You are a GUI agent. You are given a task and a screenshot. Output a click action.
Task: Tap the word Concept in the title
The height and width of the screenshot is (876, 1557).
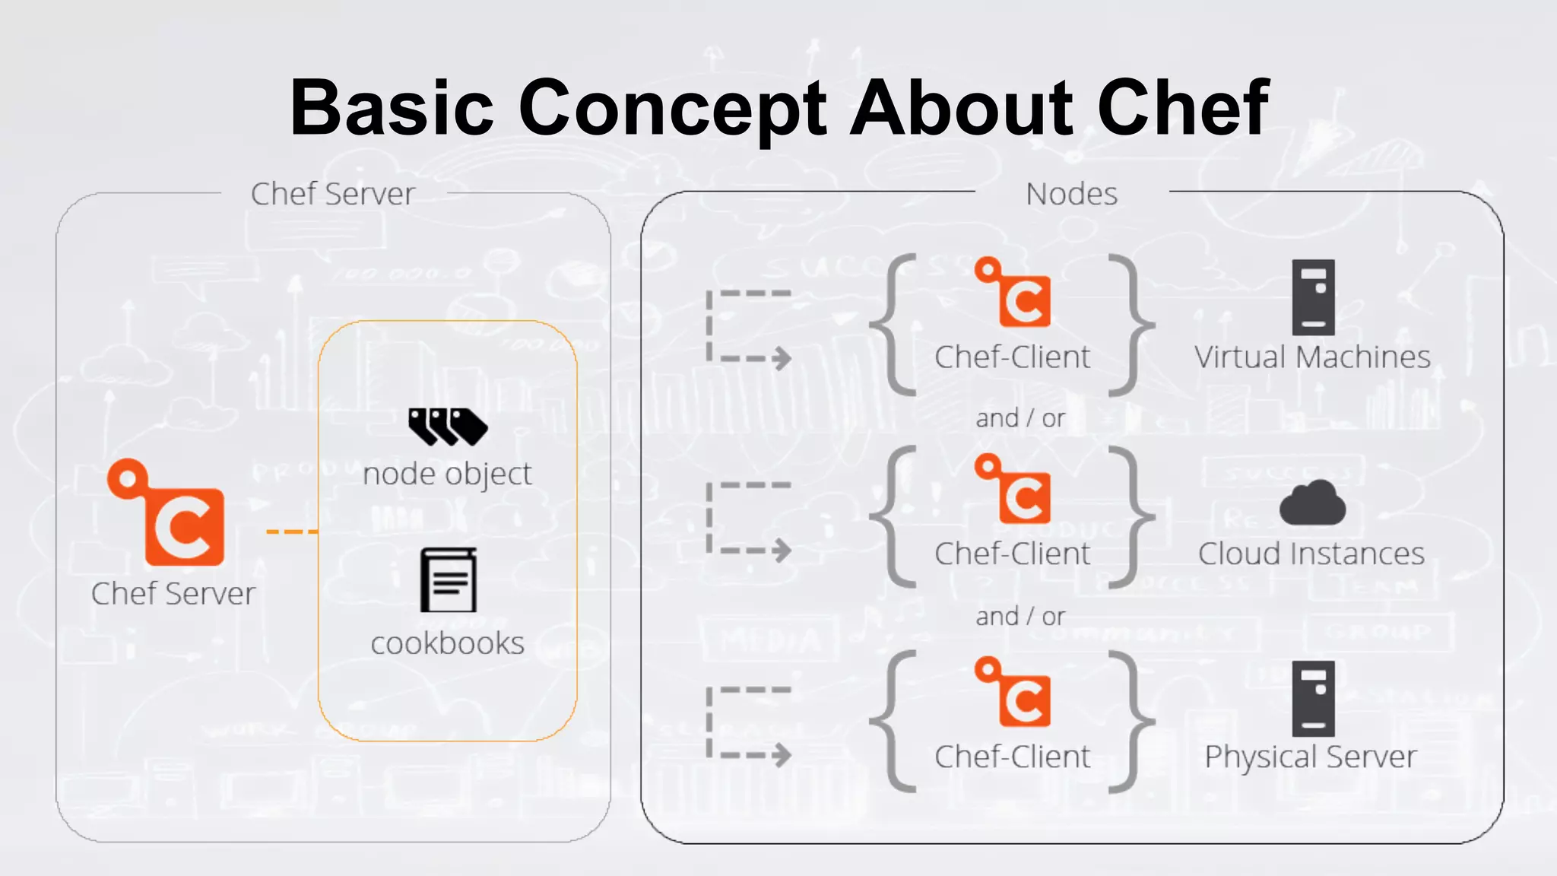tap(672, 109)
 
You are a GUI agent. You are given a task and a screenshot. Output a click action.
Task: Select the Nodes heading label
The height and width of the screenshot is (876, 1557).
tap(1071, 194)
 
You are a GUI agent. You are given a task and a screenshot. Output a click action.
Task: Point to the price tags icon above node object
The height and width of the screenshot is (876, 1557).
tap(447, 426)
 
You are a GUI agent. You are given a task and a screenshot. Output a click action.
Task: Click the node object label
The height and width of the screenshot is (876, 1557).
tap(447, 474)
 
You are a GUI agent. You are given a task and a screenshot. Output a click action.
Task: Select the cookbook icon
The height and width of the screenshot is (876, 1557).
tap(449, 580)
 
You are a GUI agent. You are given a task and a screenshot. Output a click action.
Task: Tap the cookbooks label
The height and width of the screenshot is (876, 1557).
tap(447, 643)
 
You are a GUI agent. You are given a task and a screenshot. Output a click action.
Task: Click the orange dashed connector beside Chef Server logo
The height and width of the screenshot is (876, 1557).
tap(291, 532)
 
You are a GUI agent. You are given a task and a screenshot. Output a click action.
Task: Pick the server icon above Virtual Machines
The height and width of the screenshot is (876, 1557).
tap(1313, 297)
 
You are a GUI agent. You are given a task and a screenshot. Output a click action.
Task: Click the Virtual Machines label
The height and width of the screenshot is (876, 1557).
tap(1312, 357)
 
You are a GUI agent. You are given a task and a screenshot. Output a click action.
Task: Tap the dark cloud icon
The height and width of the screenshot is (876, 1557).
tap(1312, 503)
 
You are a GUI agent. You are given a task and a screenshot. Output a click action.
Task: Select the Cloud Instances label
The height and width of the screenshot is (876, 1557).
tap(1311, 554)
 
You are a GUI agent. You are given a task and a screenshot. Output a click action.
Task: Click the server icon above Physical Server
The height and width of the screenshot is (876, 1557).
tap(1313, 698)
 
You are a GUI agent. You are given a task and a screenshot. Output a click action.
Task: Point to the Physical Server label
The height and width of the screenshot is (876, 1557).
tap(1311, 757)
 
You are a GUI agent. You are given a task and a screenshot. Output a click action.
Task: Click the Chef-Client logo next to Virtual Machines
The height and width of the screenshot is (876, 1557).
tap(1014, 293)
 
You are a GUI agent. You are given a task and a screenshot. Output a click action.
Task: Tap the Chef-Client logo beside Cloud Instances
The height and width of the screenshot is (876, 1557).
tap(1014, 489)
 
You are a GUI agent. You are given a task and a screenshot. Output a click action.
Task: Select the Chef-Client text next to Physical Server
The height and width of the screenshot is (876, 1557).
tap(1012, 757)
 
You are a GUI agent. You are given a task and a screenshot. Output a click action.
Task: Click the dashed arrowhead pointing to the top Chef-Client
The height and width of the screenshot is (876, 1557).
tap(781, 358)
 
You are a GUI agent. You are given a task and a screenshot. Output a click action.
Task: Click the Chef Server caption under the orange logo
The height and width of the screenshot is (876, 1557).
tap(173, 594)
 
